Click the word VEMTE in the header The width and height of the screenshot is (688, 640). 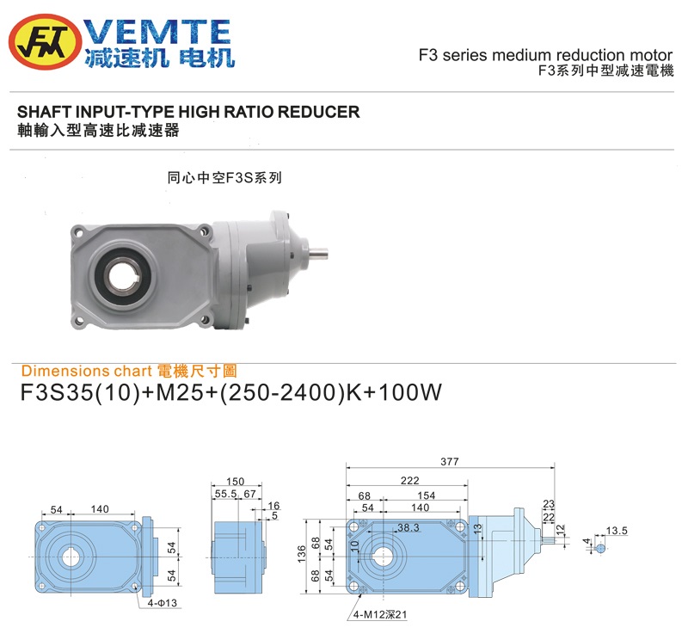[x=160, y=32]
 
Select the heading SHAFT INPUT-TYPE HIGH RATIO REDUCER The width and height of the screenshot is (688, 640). [x=188, y=112]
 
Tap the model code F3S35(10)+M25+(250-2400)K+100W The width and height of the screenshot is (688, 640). [x=230, y=394]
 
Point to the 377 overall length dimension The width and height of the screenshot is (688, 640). [x=450, y=462]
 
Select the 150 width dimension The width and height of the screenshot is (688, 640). [x=235, y=482]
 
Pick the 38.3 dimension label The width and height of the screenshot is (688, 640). [x=408, y=527]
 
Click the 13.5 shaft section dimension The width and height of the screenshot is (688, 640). [x=617, y=531]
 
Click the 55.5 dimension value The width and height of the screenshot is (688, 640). [x=225, y=495]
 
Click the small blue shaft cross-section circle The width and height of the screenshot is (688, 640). [x=600, y=547]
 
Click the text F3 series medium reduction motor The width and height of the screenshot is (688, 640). [x=545, y=55]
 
